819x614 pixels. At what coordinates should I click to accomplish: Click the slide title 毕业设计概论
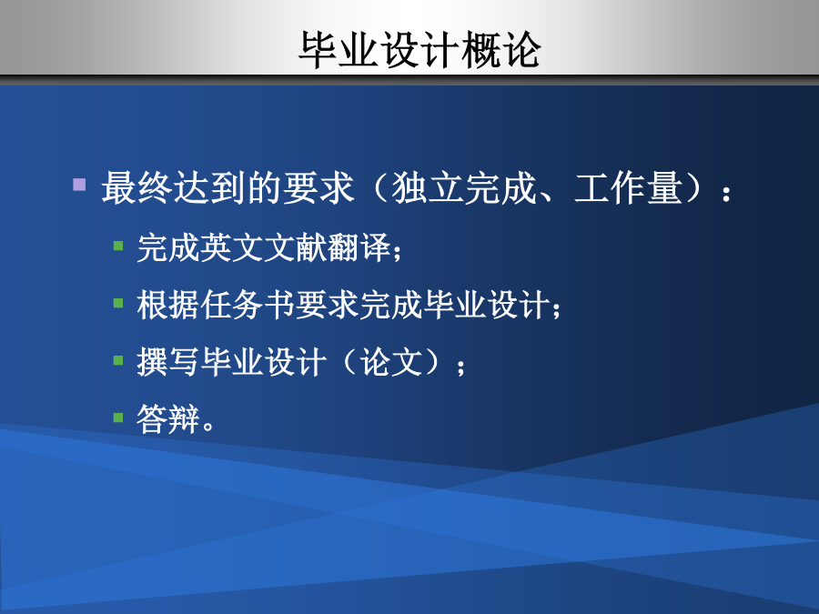coord(420,50)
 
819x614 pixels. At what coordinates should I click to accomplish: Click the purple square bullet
coord(79,185)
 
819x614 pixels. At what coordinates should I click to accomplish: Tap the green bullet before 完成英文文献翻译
coord(118,246)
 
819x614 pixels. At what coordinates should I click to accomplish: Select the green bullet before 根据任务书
coord(118,303)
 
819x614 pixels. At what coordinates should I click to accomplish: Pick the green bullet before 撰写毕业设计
coord(118,360)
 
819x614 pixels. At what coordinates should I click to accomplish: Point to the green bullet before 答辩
coord(118,418)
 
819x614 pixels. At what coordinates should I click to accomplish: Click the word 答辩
coord(168,418)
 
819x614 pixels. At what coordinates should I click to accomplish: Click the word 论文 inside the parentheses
coord(391,361)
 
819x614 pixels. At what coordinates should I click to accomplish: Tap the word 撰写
coord(168,361)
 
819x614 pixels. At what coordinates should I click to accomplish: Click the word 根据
coord(168,305)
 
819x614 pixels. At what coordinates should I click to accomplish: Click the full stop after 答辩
coord(207,426)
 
